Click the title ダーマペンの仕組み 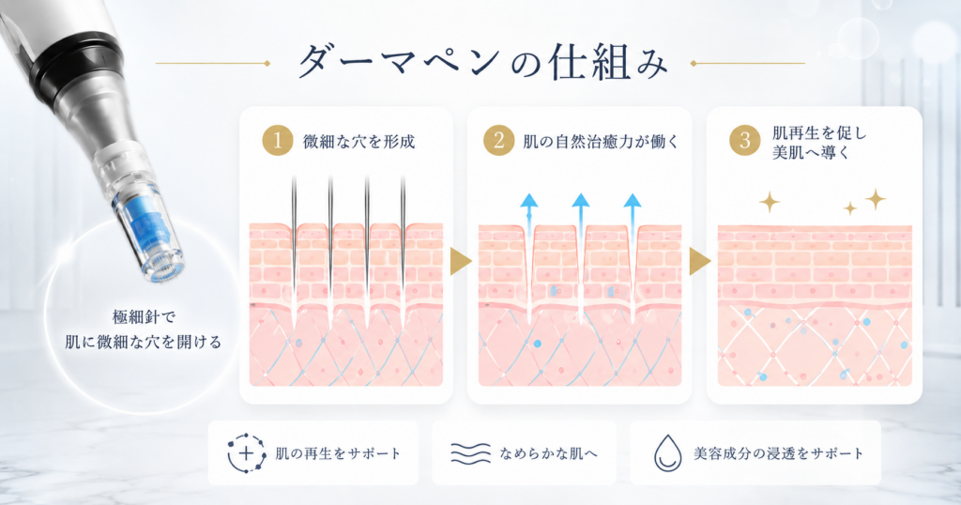click(483, 62)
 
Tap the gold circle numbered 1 click(278, 141)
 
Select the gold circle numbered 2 click(499, 141)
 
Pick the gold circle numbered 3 click(744, 141)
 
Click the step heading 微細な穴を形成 click(359, 142)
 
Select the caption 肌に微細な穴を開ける click(144, 342)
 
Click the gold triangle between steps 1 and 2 click(460, 262)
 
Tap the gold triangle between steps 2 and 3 click(699, 262)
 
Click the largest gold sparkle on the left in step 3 click(770, 202)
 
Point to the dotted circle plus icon click(247, 453)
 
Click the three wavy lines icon click(471, 453)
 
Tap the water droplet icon click(667, 453)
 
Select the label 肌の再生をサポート click(338, 454)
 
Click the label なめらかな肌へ click(548, 454)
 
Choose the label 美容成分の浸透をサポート click(778, 454)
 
